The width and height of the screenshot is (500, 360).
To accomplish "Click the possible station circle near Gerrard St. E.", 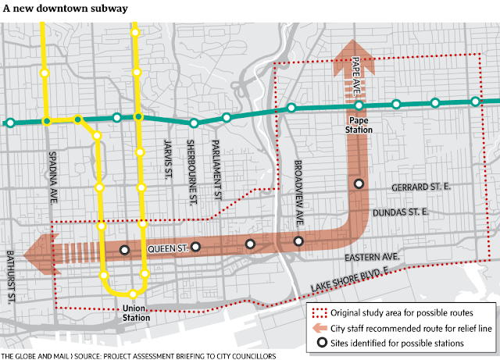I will click(x=359, y=184).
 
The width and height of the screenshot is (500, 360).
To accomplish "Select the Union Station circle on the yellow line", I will click(x=133, y=294).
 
